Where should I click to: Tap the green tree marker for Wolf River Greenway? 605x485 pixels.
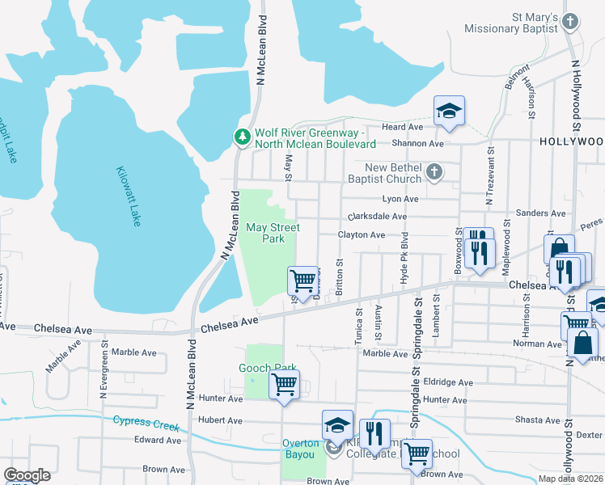(242, 138)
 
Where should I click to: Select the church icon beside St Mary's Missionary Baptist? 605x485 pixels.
(570, 22)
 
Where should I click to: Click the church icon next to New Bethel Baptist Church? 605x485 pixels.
(434, 172)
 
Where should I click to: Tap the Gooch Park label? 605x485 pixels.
(266, 367)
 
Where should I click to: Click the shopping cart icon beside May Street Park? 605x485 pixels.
(302, 280)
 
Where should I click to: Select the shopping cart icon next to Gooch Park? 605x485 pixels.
(284, 384)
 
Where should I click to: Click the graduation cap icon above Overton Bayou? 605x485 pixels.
(337, 424)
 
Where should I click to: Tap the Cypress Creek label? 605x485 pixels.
(145, 421)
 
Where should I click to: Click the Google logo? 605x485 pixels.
(27, 475)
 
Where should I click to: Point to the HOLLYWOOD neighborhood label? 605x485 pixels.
(571, 141)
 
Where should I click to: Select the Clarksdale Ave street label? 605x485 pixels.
(377, 217)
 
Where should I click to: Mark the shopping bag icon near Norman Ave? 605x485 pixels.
(582, 343)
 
